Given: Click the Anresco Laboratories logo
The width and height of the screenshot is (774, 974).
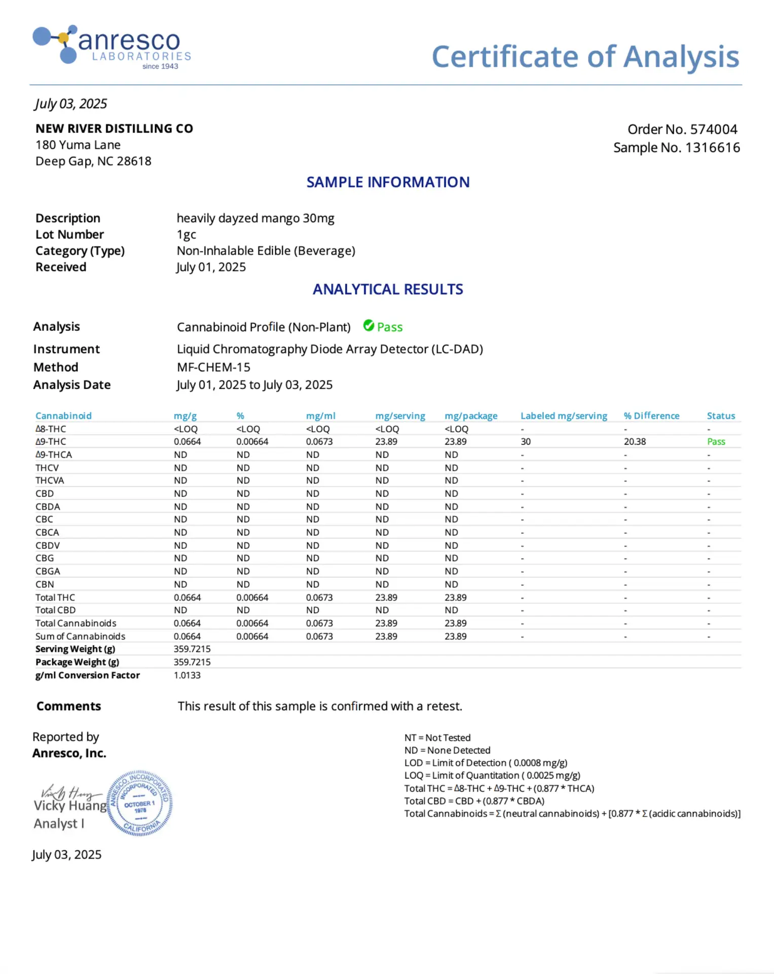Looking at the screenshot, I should pos(112,47).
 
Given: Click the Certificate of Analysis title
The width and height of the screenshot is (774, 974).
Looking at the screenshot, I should pos(585,56).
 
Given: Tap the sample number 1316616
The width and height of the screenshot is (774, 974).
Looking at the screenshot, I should pos(712,148).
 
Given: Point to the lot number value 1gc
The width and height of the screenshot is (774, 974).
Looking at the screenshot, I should pos(186,235).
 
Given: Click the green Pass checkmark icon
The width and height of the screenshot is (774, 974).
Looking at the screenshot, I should pos(368,326).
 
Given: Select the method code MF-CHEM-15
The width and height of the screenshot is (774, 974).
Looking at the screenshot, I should pos(213,367).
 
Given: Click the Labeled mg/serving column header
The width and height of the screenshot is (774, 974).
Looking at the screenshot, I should pos(564,416).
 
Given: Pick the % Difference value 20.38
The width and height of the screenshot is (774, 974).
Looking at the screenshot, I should pos(635,442).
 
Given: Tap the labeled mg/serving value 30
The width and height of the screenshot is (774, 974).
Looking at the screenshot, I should pos(526,442).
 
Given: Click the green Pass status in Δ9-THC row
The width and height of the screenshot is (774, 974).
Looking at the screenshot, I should pos(716,442).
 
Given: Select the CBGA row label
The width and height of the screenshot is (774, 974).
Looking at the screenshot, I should pos(48,571).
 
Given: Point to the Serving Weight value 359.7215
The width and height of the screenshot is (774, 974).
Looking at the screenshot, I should pos(192,649).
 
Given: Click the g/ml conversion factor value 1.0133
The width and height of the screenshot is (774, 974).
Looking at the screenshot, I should pos(187,675).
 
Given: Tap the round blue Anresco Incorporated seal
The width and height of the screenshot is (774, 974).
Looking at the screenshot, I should pos(140,803).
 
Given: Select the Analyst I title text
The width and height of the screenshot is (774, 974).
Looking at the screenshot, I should pos(59,824).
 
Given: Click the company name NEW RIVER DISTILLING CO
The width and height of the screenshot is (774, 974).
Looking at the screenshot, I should pos(114,129).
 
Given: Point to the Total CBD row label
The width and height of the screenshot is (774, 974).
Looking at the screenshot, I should pos(55,610).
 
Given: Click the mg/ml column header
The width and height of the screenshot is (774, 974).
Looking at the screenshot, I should pos(320,416).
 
